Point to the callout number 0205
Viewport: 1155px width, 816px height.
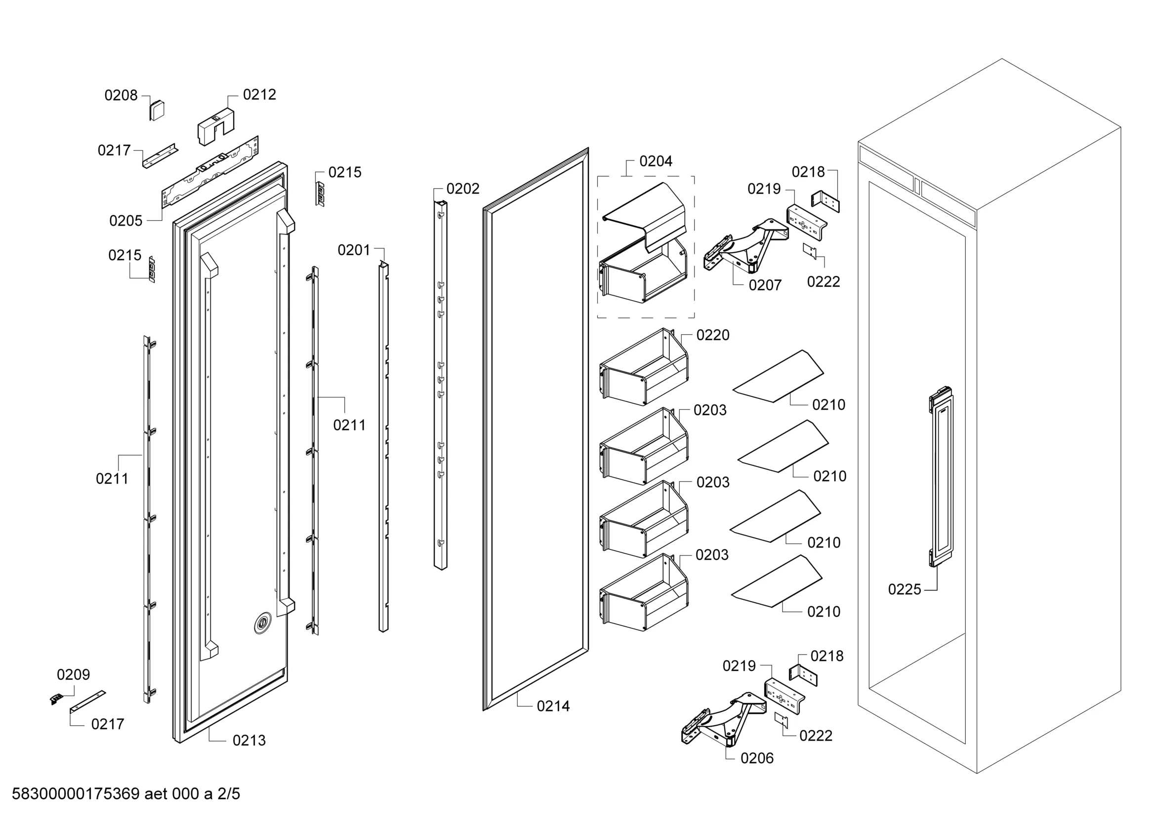(126, 221)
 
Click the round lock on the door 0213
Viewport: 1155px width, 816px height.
(262, 623)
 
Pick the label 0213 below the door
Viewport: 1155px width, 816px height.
(249, 740)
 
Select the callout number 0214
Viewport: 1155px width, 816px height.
(553, 706)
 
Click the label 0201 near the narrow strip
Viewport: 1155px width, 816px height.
(354, 250)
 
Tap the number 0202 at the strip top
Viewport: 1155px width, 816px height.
(463, 189)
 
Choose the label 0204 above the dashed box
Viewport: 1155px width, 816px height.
(656, 161)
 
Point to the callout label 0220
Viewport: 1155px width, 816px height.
(713, 335)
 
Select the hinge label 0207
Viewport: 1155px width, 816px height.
(765, 285)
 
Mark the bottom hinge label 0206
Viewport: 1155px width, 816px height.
(757, 758)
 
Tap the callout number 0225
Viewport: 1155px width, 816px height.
(905, 589)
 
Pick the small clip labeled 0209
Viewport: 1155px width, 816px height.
(56, 699)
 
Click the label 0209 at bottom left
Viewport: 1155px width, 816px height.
(74, 674)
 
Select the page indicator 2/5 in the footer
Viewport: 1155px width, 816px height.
(228, 794)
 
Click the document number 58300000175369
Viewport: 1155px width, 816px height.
(76, 794)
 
